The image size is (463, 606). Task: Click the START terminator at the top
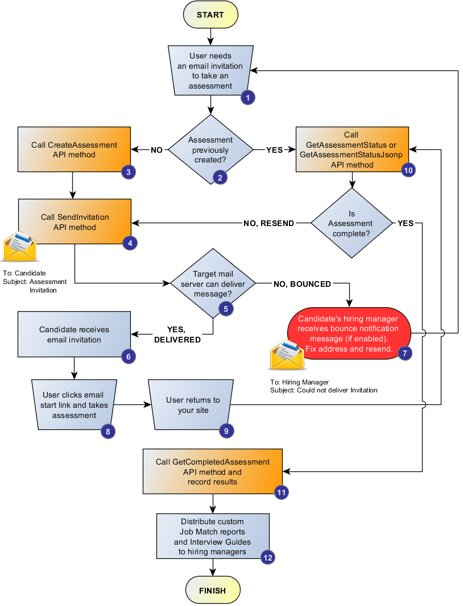coord(210,15)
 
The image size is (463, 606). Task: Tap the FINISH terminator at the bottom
coord(212,591)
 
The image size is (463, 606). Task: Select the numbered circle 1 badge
coord(247,97)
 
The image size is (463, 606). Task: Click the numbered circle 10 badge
coord(408,169)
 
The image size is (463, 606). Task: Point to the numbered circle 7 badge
coord(404,353)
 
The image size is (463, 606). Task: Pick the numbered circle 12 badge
coord(268,557)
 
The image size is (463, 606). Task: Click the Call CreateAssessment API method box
coord(74,150)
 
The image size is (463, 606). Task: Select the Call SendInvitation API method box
coord(75,222)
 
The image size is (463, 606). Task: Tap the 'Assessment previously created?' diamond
coord(211,150)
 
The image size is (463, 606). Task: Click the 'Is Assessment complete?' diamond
coord(352,223)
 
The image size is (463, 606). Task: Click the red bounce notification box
coord(349,333)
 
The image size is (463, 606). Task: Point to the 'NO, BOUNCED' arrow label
coord(302,283)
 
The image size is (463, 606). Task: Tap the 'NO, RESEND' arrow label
coord(268,223)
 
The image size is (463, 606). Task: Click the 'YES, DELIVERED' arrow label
coord(177,335)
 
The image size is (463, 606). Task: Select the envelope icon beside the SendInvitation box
coord(19,246)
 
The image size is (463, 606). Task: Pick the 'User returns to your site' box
coord(193,405)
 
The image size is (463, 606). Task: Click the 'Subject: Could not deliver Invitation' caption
coord(323,390)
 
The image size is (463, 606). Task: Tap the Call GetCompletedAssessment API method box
coord(213,472)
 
